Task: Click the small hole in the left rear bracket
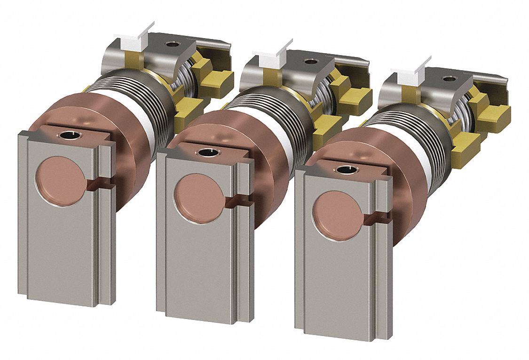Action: (174, 45)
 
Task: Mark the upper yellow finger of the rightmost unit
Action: (494, 113)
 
